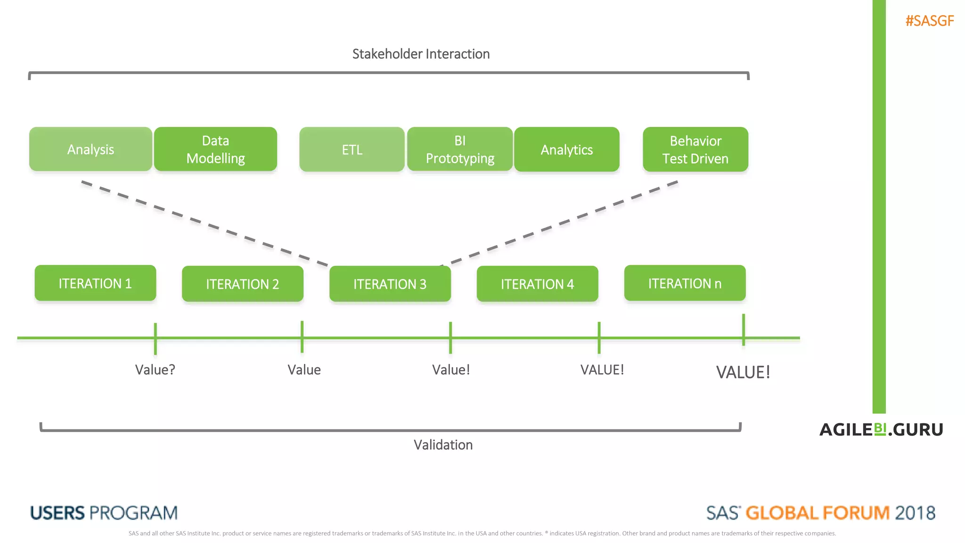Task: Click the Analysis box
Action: tap(90, 149)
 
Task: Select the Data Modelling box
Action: tap(215, 149)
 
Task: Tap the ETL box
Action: tap(352, 149)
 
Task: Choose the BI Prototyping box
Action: tap(460, 149)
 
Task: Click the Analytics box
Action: tap(566, 149)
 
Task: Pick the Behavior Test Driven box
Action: tap(695, 149)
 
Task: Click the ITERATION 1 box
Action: tap(95, 283)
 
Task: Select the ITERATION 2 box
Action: tap(243, 284)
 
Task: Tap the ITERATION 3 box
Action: tap(390, 284)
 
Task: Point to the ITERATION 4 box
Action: tap(537, 284)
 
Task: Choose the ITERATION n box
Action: tap(685, 283)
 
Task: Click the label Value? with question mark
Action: tap(155, 370)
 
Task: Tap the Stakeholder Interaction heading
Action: tap(421, 54)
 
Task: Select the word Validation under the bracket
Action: tap(443, 444)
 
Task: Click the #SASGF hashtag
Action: tap(929, 21)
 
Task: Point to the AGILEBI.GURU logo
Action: tap(881, 429)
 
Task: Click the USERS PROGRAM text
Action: tap(104, 513)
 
